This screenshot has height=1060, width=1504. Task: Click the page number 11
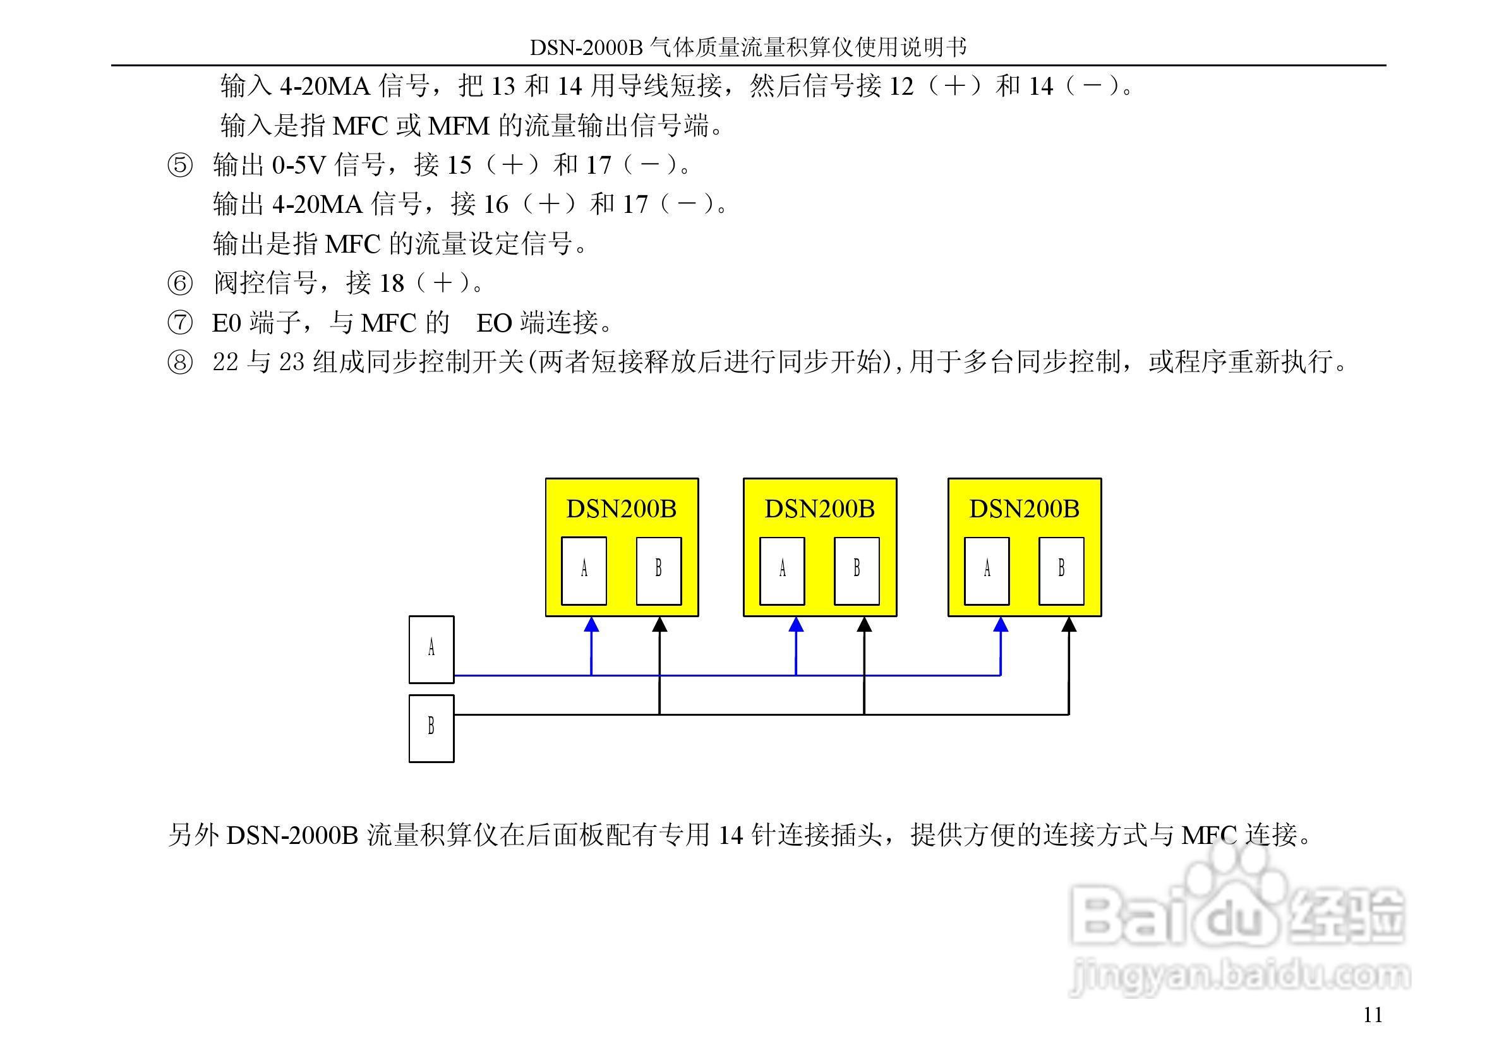(1373, 1015)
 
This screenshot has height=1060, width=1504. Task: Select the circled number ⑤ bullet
(180, 166)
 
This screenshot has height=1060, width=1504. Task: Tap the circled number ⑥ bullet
(180, 284)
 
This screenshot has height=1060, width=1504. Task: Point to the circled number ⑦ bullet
(180, 323)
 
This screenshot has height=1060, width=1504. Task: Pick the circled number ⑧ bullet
(180, 363)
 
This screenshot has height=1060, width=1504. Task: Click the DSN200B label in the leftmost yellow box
(621, 509)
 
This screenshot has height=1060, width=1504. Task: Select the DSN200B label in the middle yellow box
(819, 509)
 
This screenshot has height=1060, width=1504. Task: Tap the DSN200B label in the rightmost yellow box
(1024, 509)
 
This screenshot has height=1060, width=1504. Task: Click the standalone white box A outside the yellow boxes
(431, 649)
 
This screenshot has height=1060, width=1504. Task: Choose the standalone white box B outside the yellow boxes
(431, 728)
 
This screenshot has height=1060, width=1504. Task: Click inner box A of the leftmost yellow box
(584, 570)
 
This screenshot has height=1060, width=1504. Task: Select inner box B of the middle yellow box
(856, 570)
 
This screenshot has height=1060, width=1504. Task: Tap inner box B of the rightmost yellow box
(1061, 570)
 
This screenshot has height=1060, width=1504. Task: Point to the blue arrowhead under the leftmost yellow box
(591, 624)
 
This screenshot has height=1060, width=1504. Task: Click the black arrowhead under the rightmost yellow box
(1069, 624)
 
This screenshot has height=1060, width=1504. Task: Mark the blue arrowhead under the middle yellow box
(796, 624)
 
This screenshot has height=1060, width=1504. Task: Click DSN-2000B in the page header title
(586, 47)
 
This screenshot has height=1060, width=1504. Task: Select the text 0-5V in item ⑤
(299, 166)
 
